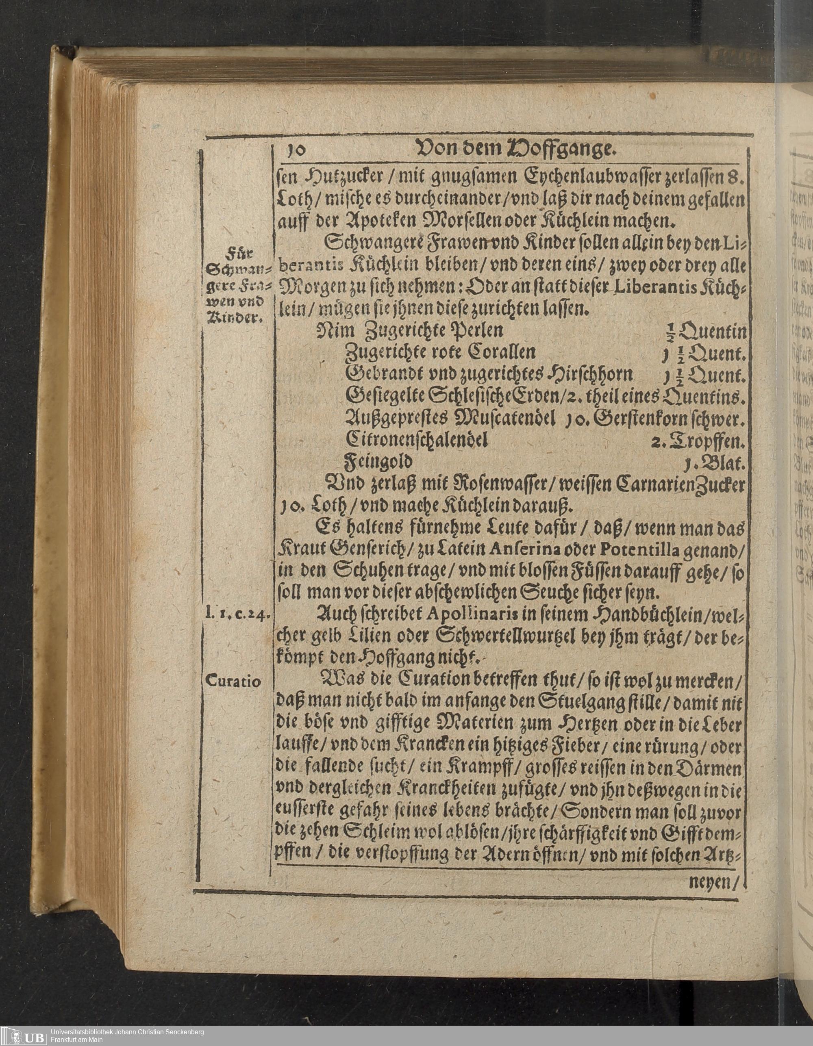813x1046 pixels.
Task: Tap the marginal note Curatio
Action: point(234,681)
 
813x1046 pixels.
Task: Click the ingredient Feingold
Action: point(378,462)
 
